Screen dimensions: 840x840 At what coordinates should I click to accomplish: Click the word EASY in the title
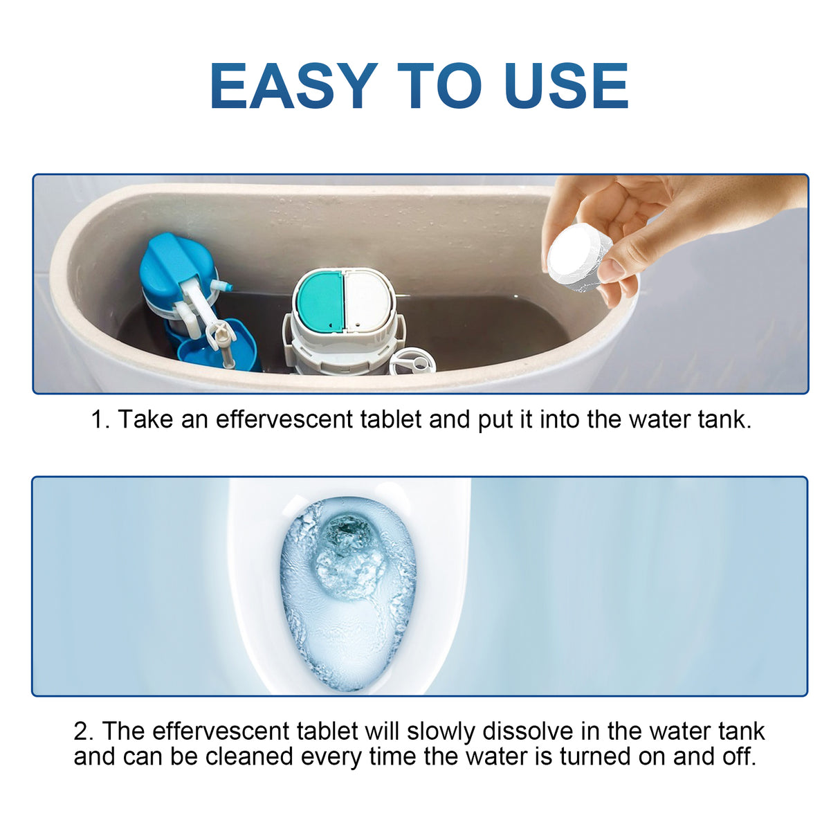point(293,86)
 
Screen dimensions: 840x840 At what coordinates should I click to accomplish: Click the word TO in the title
point(439,86)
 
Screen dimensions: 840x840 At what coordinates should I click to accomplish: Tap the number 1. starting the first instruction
point(100,419)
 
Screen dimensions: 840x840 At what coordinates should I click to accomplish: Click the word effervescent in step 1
point(284,419)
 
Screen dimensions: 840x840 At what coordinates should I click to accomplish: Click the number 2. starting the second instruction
point(83,731)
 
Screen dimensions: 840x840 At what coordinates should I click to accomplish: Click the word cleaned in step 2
point(249,756)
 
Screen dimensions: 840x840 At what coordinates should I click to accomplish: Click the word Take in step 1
point(145,419)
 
